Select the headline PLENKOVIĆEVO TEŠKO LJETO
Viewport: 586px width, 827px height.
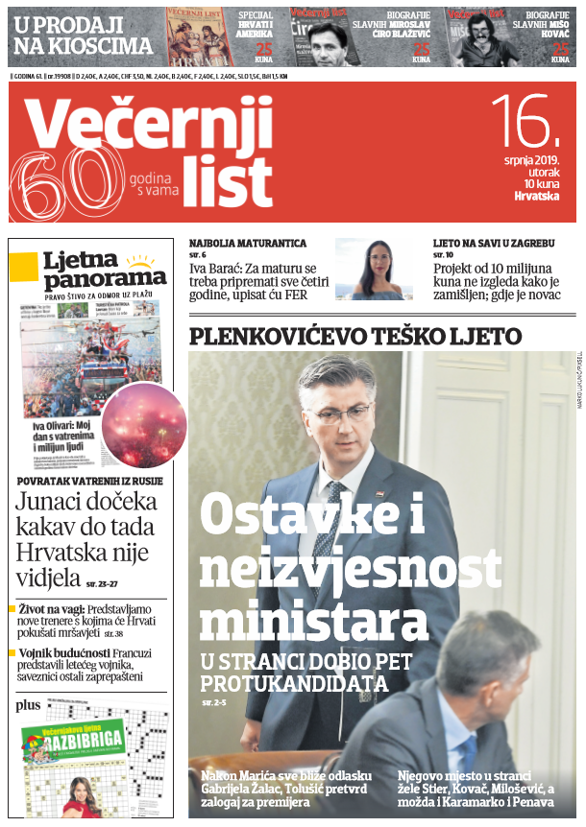(x=355, y=336)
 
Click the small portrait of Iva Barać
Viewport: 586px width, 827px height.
(x=376, y=270)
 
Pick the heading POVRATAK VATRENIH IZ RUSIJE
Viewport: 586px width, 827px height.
(x=90, y=481)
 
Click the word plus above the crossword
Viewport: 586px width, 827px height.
(x=28, y=705)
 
